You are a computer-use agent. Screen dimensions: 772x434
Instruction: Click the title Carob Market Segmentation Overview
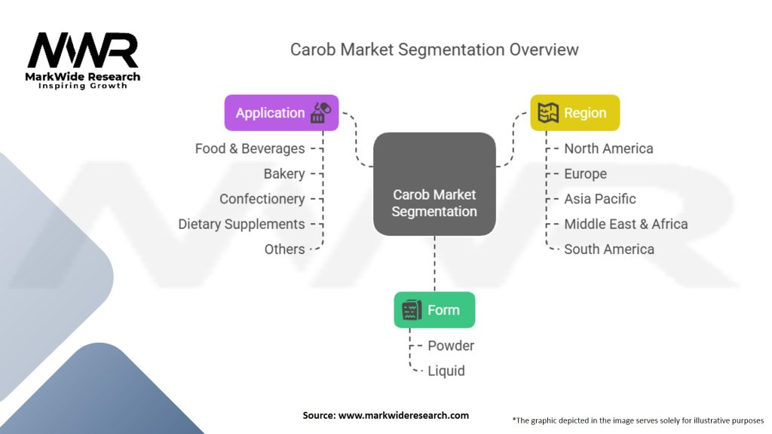(x=434, y=50)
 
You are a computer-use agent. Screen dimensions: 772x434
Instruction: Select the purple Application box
(x=281, y=113)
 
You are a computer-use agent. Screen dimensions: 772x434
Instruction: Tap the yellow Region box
(x=574, y=113)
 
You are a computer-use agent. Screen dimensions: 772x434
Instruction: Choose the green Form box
(x=434, y=310)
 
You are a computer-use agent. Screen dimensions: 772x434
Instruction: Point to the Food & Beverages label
(x=250, y=148)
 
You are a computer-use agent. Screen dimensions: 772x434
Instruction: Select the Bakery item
(x=284, y=174)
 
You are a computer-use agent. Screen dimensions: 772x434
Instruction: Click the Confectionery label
(x=262, y=199)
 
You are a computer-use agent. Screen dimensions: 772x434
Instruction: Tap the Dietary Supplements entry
(x=241, y=224)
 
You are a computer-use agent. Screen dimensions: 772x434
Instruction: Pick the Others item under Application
(x=284, y=249)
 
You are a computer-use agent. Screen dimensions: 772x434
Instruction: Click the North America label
(x=608, y=148)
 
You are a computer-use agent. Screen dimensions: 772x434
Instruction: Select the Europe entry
(x=585, y=174)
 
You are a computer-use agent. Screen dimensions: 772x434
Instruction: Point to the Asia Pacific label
(x=600, y=199)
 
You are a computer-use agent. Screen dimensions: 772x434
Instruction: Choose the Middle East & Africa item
(x=626, y=224)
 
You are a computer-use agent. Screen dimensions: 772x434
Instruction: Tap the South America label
(x=609, y=249)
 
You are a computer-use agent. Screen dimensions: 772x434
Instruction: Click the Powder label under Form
(x=451, y=346)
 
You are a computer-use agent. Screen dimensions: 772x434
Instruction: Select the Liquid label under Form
(x=446, y=371)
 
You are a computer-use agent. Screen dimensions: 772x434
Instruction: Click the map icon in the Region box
(x=550, y=113)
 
